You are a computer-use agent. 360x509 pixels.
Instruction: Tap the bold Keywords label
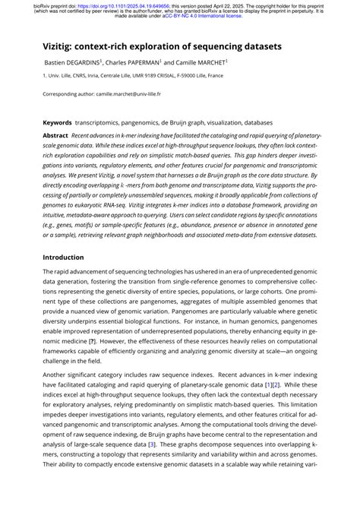(x=58, y=122)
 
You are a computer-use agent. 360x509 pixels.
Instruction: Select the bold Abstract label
(x=55, y=134)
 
